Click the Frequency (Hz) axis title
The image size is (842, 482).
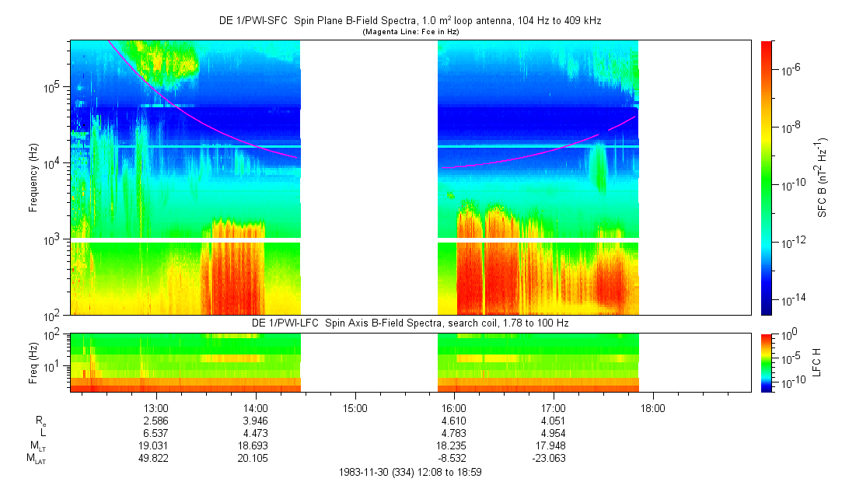(x=33, y=177)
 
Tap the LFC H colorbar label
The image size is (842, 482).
(x=818, y=362)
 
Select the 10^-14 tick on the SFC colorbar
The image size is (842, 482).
(x=785, y=299)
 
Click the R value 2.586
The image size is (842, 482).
(x=156, y=421)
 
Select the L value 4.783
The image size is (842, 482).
(x=454, y=433)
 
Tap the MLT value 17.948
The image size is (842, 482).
(x=553, y=445)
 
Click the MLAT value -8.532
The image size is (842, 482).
(x=454, y=458)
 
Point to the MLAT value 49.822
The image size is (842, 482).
(x=156, y=458)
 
